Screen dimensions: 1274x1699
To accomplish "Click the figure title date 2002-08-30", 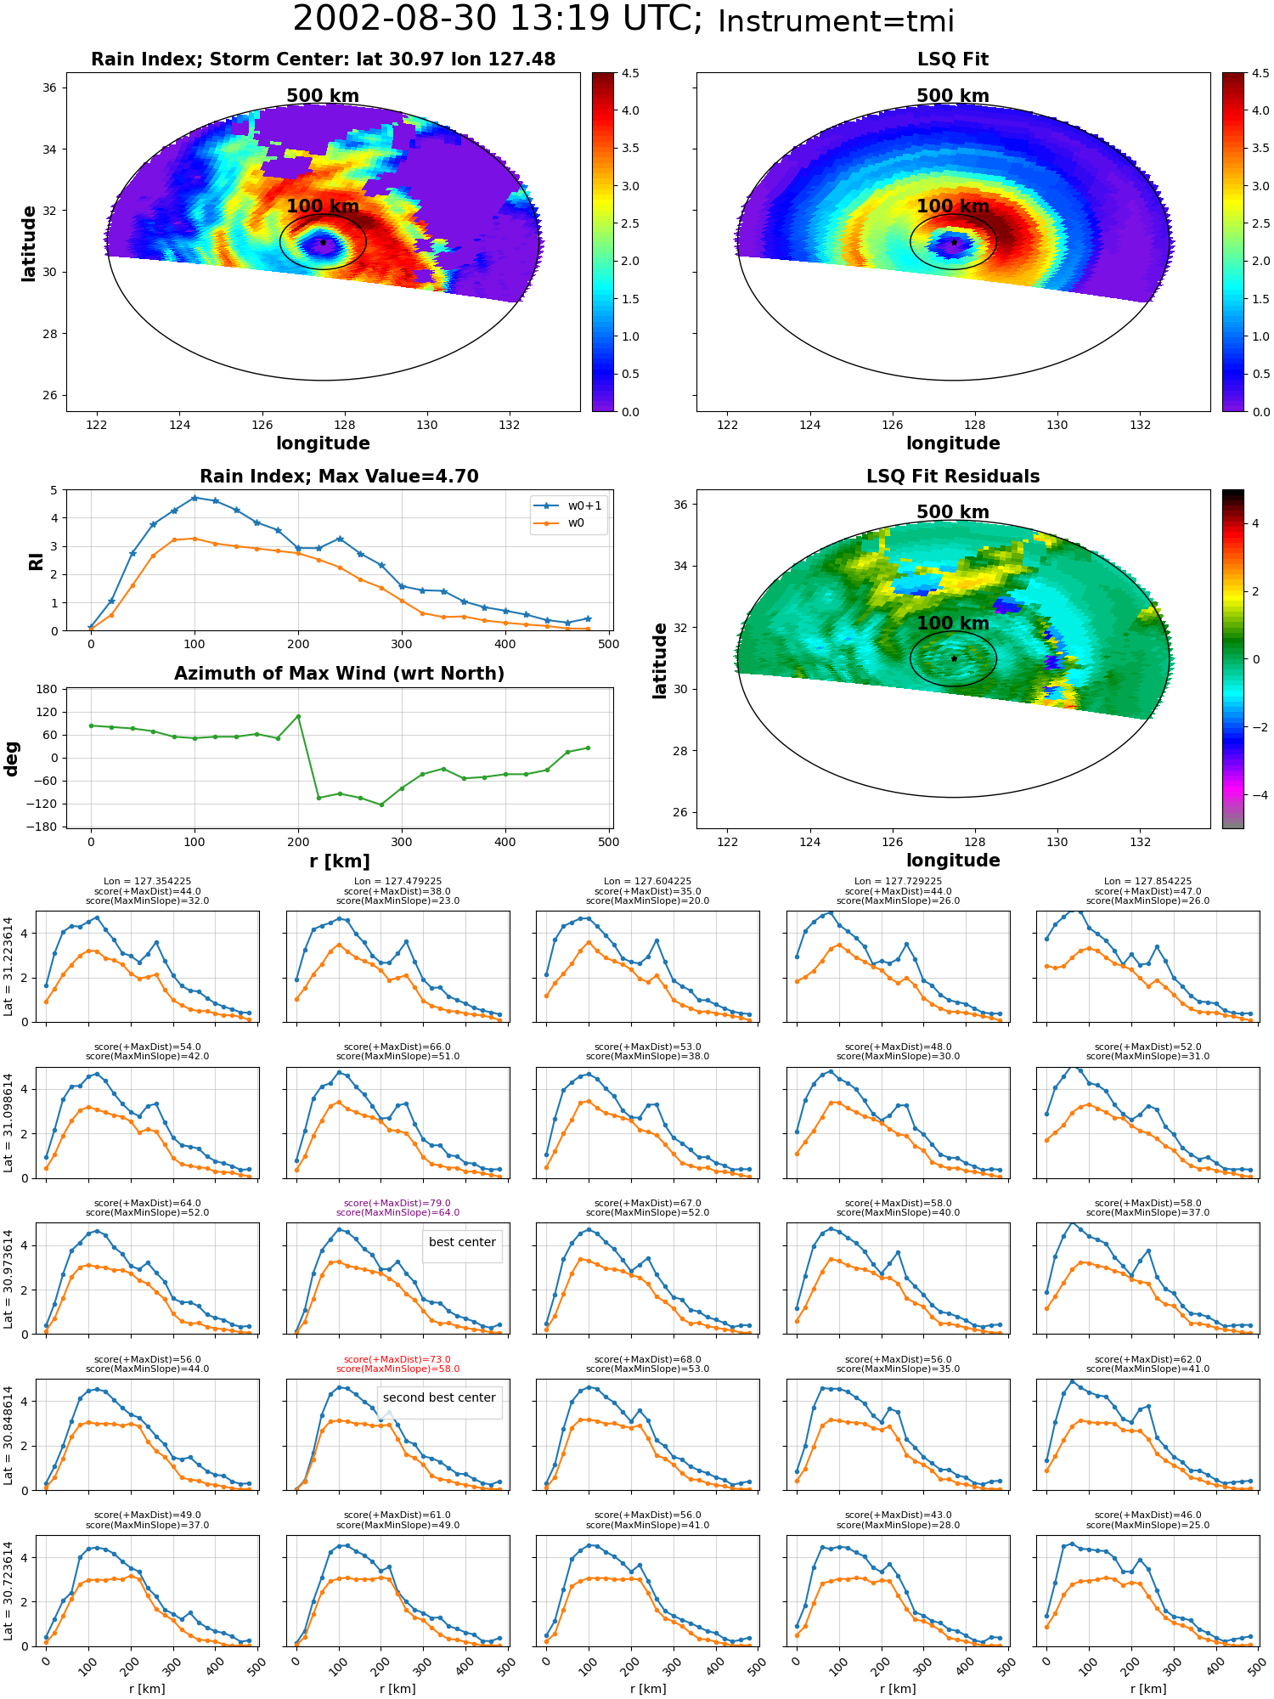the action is [x=409, y=20].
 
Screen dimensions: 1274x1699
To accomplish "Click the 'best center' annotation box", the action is [x=462, y=1242].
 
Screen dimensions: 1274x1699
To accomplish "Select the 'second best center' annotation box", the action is [x=439, y=1397].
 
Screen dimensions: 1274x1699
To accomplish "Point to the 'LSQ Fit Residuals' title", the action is [x=953, y=477].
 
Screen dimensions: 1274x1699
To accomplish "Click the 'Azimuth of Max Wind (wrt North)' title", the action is [x=339, y=674].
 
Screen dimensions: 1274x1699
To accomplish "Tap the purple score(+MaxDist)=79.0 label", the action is [x=397, y=1203].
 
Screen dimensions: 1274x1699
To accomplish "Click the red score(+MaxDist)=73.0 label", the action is [x=397, y=1359].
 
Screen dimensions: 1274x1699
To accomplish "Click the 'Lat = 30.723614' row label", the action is [x=8, y=1589].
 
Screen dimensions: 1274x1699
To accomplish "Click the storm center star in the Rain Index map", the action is [x=324, y=242].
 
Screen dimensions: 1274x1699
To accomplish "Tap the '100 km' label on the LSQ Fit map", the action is [x=953, y=206].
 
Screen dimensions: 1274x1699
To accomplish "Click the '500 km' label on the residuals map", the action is [x=953, y=512].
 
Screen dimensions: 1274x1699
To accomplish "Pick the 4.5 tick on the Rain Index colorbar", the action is [x=630, y=73].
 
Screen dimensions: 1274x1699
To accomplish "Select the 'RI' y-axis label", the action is [x=36, y=561].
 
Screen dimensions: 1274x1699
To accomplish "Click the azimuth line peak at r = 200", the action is [x=298, y=716].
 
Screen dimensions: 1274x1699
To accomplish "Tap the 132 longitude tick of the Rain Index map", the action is [x=510, y=425].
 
